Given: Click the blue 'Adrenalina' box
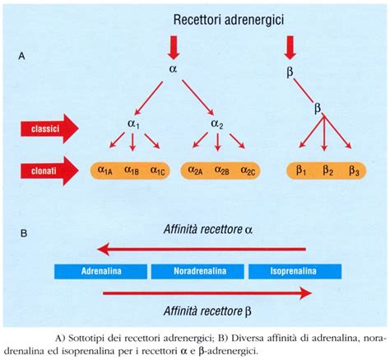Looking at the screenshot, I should pos(100,269).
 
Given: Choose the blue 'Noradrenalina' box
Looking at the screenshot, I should pos(197,269).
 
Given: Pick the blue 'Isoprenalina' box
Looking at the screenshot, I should pos(294,269).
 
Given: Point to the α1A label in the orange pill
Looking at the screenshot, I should pos(105,171).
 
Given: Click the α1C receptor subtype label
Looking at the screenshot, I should pos(156,171).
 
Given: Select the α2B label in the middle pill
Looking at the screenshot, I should pos(221,171).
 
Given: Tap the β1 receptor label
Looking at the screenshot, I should pos(301,171).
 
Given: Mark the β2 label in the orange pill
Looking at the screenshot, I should pos(327,171).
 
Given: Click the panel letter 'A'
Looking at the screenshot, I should pos(31,57).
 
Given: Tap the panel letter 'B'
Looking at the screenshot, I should pos(25,233).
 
